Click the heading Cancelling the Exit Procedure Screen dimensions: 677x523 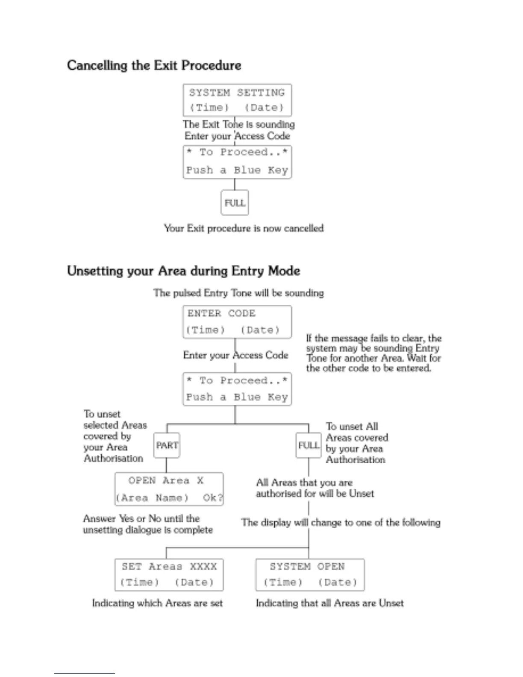pos(154,65)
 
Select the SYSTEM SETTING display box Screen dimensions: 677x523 pos(237,100)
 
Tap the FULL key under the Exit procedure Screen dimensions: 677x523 pos(235,203)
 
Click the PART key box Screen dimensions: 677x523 pos(167,445)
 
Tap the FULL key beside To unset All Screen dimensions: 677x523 pos(308,445)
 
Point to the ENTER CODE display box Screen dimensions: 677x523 pos(237,322)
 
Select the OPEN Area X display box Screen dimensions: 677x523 pos(169,489)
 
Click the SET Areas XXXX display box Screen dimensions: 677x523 pos(169,574)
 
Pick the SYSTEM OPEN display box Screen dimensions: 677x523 pos(310,574)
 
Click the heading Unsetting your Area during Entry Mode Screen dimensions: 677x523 pos(183,271)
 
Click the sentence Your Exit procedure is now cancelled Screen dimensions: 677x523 pos(244,228)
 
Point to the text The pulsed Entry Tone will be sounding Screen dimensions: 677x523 pos(238,293)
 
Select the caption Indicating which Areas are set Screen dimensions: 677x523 pos(157,603)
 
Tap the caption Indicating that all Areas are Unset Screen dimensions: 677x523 pos(329,603)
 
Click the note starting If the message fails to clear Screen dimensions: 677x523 pos(373,353)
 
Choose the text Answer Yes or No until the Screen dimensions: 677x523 pos(141,518)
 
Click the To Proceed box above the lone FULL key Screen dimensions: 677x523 pos(237,162)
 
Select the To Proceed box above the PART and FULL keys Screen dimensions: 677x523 pos(237,389)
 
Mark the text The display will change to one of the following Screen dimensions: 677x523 pos(341,522)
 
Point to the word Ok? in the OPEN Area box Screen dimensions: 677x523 pos(213,498)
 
